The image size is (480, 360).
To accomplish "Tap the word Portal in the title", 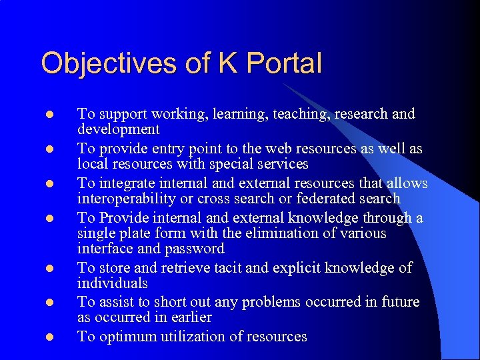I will [x=283, y=63].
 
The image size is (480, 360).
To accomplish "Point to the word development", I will [x=119, y=129].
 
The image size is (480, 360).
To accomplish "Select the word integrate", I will [x=127, y=183].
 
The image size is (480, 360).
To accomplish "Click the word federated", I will [x=324, y=198].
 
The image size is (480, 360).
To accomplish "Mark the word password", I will [x=194, y=249].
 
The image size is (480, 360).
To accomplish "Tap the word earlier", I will [x=189, y=318].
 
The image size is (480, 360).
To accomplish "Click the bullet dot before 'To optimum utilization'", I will [x=49, y=337].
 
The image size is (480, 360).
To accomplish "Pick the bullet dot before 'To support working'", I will [x=49, y=115].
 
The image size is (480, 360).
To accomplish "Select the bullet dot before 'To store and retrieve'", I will [x=49, y=268].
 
